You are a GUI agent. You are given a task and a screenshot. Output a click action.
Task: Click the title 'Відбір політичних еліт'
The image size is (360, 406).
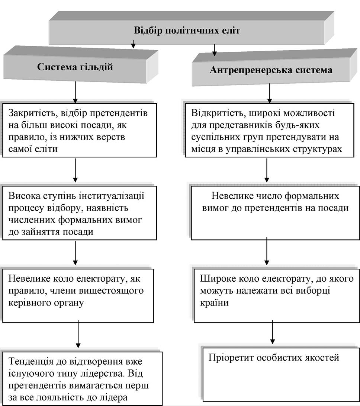[187, 31]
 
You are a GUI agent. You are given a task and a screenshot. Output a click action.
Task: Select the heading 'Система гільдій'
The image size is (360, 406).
[75, 67]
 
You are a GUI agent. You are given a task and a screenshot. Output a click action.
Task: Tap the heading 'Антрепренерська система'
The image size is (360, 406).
[271, 70]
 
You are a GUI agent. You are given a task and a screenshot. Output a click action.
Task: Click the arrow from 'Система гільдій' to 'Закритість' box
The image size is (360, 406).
[75, 92]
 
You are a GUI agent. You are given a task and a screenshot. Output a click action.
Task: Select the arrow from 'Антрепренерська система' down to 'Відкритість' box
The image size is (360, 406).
[270, 93]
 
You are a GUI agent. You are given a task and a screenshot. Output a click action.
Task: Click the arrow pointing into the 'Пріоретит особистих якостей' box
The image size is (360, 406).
[272, 332]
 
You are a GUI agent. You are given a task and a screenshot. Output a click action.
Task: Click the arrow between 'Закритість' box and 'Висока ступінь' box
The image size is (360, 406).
[75, 170]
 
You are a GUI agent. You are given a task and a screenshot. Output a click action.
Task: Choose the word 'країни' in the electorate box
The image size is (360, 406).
[214, 303]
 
